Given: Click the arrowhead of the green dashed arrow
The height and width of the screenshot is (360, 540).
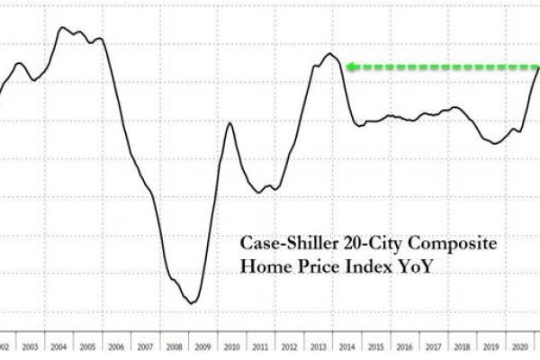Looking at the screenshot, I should click(x=352, y=66).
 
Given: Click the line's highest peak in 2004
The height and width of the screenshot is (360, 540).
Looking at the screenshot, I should click(x=62, y=27).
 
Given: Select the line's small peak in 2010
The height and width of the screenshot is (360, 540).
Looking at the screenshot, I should click(x=229, y=122).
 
